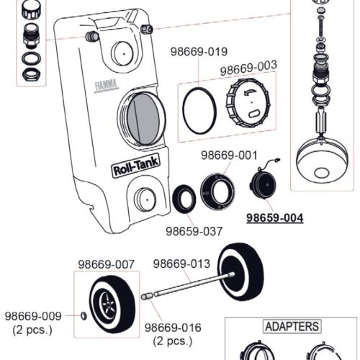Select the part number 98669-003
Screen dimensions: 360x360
click(248, 70)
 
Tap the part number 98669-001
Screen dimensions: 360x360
click(229, 155)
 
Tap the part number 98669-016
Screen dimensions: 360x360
click(166, 328)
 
